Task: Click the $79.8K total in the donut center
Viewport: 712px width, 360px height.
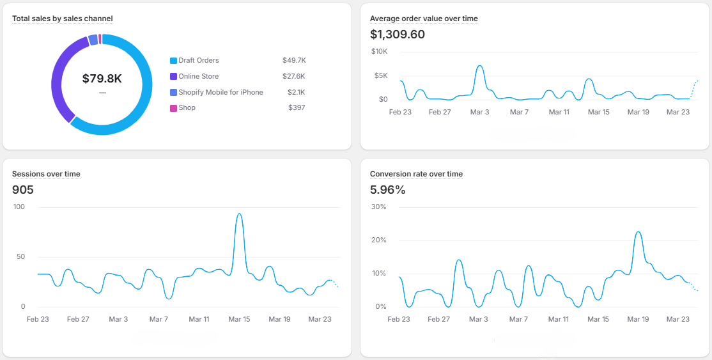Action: click(102, 79)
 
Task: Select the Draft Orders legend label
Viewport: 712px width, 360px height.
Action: click(199, 61)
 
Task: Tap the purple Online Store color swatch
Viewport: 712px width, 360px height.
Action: click(173, 77)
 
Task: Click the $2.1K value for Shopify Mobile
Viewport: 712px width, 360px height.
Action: click(296, 92)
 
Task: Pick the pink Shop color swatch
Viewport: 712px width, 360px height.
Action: click(173, 108)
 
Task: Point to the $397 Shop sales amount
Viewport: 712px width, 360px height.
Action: click(297, 108)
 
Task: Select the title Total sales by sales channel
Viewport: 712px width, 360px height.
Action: click(63, 19)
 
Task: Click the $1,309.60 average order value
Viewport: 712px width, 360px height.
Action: click(398, 35)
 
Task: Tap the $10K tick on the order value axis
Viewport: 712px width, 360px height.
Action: click(378, 51)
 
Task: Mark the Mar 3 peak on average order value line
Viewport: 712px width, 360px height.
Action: click(479, 66)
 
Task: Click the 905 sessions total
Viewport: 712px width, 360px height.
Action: click(23, 190)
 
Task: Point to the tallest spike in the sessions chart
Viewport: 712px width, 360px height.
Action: click(239, 214)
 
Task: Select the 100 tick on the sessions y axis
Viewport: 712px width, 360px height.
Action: click(19, 207)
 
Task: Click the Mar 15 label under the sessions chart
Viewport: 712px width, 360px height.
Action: click(239, 319)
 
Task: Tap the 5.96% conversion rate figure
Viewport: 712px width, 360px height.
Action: click(388, 190)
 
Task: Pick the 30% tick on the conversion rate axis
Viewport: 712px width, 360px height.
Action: click(378, 207)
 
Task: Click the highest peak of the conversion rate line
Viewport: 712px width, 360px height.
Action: click(637, 232)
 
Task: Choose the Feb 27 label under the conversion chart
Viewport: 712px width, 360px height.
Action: click(438, 319)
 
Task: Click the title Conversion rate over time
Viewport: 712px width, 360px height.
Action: click(416, 174)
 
